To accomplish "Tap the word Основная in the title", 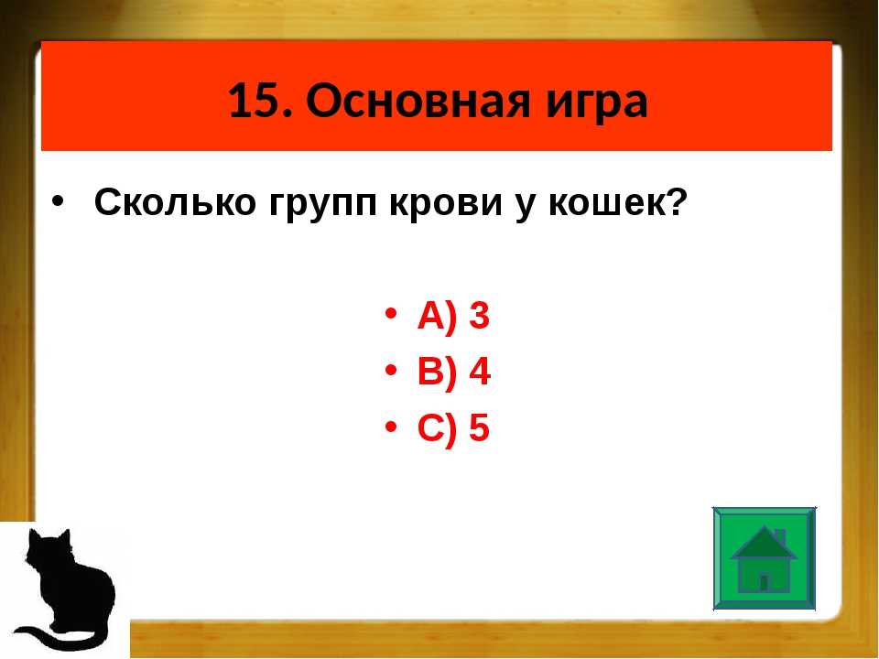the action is [x=418, y=101].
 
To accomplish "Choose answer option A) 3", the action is [x=453, y=316].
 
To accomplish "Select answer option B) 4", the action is [x=454, y=371].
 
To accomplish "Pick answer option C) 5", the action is [x=453, y=427].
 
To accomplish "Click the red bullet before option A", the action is [x=391, y=313].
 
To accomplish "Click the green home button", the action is [x=764, y=558].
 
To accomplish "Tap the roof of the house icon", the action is [x=764, y=544].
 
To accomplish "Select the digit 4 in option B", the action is [x=480, y=371].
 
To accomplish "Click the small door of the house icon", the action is [x=764, y=583].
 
